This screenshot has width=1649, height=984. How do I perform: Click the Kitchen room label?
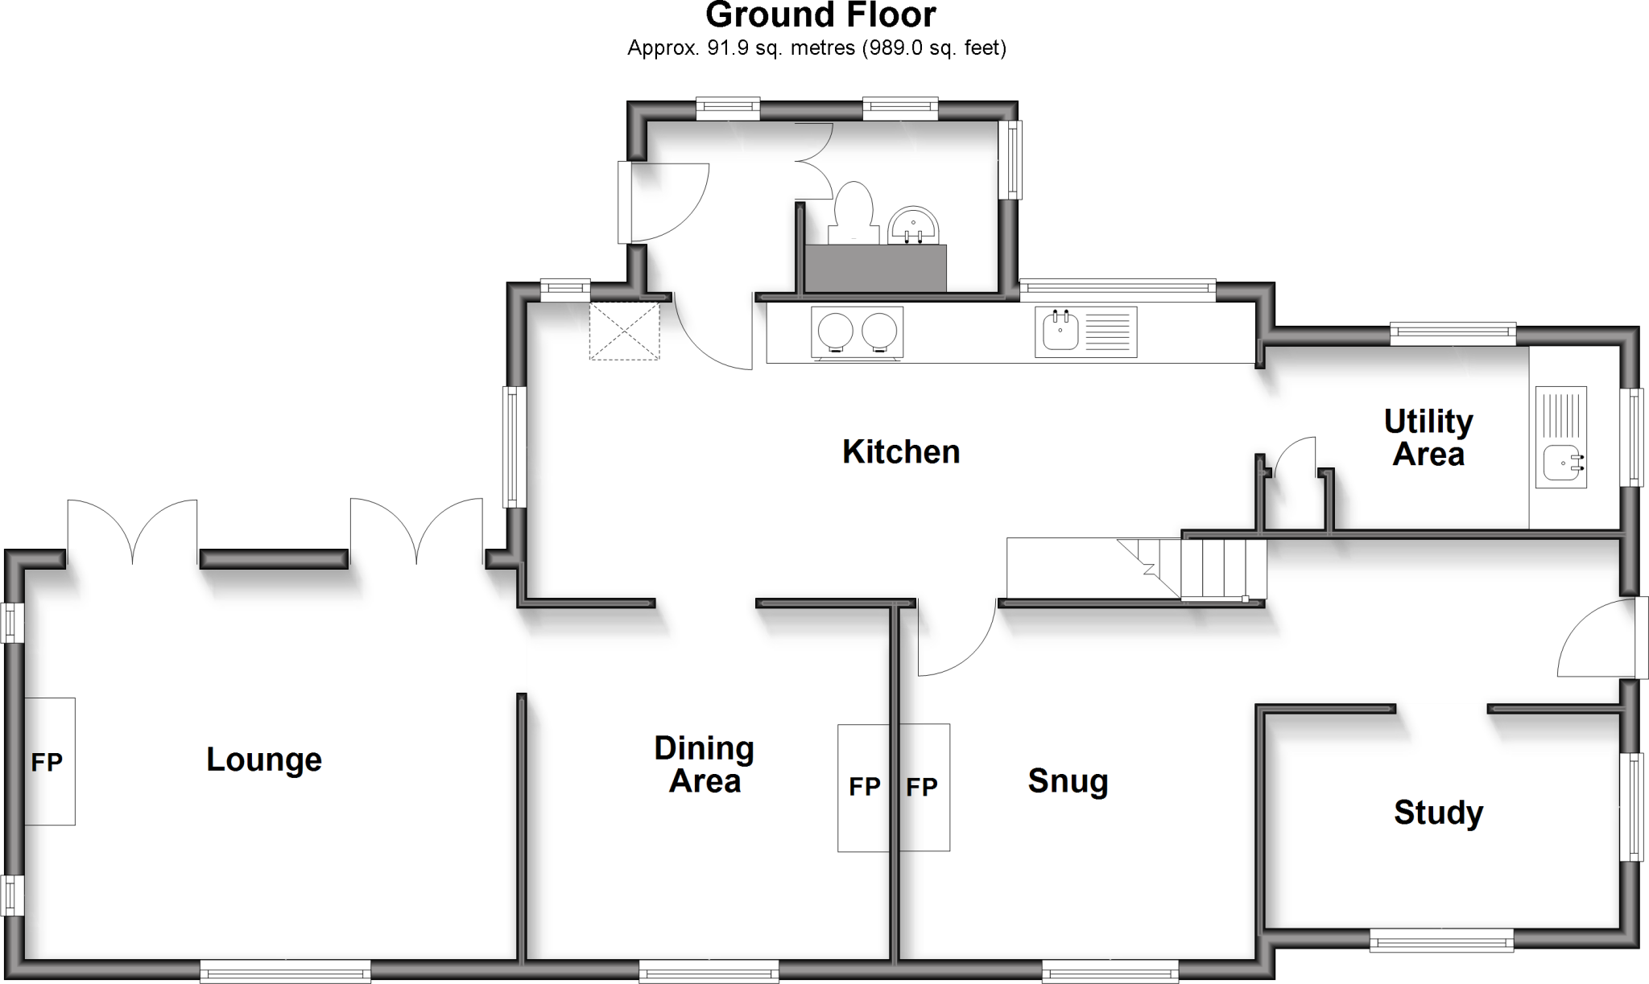pyautogui.click(x=901, y=452)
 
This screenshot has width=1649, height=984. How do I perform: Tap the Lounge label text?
pyautogui.click(x=264, y=760)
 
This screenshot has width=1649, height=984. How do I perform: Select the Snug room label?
pyautogui.click(x=1068, y=781)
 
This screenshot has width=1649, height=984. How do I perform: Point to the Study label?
pyautogui.click(x=1438, y=813)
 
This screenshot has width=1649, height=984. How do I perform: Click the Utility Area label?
pyautogui.click(x=1428, y=438)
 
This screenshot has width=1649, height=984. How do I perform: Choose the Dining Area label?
pyautogui.click(x=705, y=764)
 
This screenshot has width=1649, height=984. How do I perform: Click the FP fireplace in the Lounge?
pyautogui.click(x=49, y=761)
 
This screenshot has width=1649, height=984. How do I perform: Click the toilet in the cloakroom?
pyautogui.click(x=853, y=212)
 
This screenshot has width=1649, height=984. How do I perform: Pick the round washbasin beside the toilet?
pyautogui.click(x=913, y=225)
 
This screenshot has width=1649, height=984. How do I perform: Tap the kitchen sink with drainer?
pyautogui.click(x=1085, y=331)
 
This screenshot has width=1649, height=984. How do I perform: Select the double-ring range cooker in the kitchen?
pyautogui.click(x=857, y=331)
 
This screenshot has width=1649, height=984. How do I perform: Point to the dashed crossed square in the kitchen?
pyautogui.click(x=625, y=331)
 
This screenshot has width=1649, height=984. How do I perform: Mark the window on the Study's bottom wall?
pyautogui.click(x=1441, y=940)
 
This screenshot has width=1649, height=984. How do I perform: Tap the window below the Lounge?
pyautogui.click(x=285, y=971)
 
